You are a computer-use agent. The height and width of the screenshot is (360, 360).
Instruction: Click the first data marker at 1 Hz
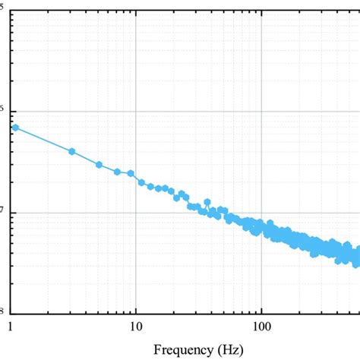(x=14, y=128)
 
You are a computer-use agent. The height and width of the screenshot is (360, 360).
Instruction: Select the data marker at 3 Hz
(x=71, y=151)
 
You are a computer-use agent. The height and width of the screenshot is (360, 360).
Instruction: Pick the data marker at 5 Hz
(x=99, y=164)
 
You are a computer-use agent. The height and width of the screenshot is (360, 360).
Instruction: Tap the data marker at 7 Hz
(x=117, y=172)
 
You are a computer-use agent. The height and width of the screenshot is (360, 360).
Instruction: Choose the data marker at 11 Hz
(x=141, y=182)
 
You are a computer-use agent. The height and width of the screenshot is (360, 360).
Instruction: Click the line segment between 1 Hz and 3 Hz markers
(x=43, y=139)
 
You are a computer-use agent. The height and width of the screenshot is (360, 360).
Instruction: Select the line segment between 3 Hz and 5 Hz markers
(x=85, y=158)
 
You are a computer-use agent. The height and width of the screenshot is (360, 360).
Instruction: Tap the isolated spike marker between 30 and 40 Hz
(x=207, y=202)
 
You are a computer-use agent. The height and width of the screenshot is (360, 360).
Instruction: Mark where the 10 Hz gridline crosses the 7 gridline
(x=135, y=212)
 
